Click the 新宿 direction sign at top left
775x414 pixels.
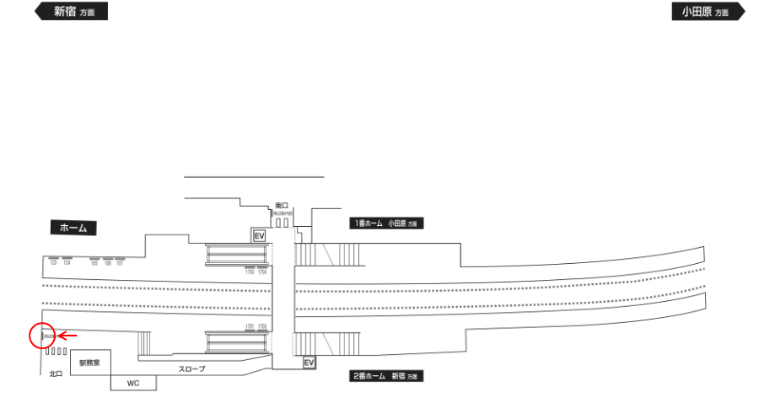[x=71, y=12]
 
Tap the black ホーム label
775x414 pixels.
[x=73, y=228]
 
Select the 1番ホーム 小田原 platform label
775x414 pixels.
[x=385, y=223]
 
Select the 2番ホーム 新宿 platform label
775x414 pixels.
[x=386, y=376]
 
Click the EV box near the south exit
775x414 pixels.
[x=259, y=236]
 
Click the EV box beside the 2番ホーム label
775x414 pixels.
[x=309, y=363]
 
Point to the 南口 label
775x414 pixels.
[x=282, y=205]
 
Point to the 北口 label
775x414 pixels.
[x=56, y=372]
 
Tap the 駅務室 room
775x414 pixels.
[x=89, y=363]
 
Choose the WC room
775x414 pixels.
[x=133, y=383]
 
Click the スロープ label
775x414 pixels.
[x=191, y=369]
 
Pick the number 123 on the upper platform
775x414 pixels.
[x=53, y=263]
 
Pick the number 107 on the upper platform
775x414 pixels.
[x=120, y=263]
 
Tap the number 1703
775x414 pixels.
[x=250, y=272]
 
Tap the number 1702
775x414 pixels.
[x=262, y=326]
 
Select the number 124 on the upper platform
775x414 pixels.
[x=67, y=263]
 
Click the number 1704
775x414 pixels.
[x=262, y=272]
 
